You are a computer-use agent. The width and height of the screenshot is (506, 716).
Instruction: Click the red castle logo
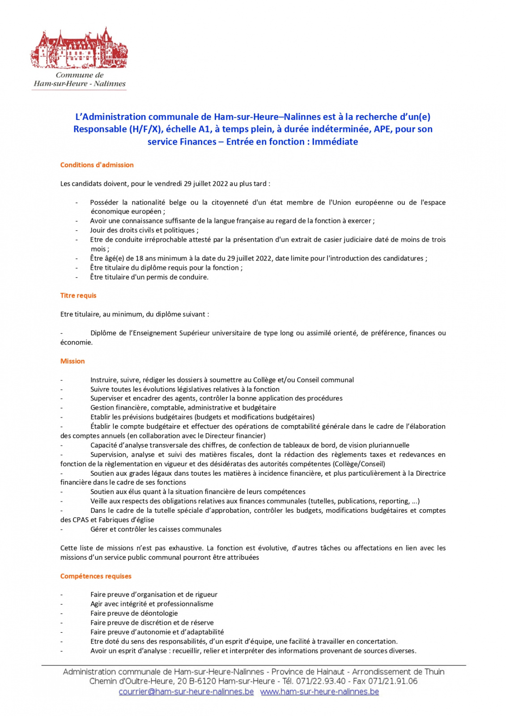pyautogui.click(x=79, y=48)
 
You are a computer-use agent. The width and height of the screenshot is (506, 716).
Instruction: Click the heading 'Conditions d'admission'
pyautogui.click(x=97, y=165)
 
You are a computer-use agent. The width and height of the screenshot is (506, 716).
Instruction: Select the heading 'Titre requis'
pyautogui.click(x=78, y=295)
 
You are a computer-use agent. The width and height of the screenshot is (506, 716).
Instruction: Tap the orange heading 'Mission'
pyautogui.click(x=72, y=361)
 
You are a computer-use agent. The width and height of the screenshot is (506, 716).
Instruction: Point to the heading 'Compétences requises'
pyautogui.click(x=96, y=576)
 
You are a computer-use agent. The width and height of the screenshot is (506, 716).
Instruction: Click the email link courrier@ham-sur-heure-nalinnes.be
pyautogui.click(x=186, y=691)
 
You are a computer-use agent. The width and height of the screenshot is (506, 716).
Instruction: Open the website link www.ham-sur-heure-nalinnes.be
pyautogui.click(x=319, y=691)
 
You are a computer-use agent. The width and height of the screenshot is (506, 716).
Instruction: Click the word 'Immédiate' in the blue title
pyautogui.click(x=335, y=142)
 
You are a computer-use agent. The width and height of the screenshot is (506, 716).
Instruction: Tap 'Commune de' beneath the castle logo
pyautogui.click(x=80, y=75)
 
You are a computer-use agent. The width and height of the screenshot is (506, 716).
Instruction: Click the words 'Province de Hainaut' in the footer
pyautogui.click(x=308, y=672)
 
